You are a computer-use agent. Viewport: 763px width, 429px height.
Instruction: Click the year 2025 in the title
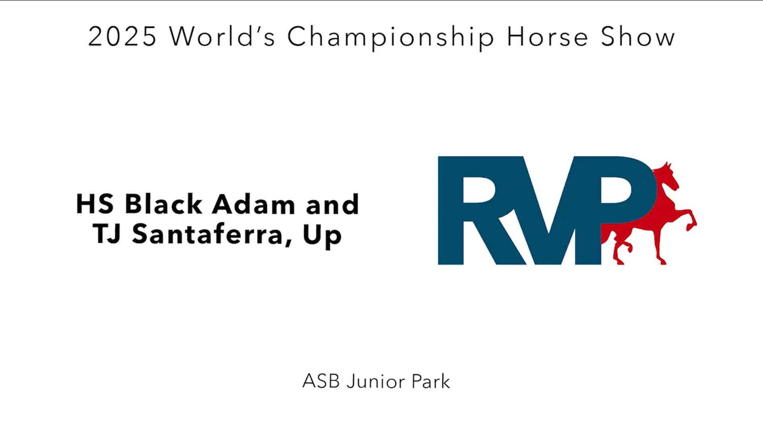[x=122, y=37]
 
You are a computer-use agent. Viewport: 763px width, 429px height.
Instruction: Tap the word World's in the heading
[x=222, y=37]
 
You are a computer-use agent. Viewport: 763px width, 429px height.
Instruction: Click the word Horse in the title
[x=547, y=37]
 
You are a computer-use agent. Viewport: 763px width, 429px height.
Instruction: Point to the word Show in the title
[x=637, y=37]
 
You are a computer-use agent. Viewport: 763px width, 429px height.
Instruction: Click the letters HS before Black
[x=95, y=204]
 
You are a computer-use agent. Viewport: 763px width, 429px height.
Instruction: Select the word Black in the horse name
[x=163, y=204]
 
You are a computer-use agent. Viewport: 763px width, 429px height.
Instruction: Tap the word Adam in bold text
[x=254, y=204]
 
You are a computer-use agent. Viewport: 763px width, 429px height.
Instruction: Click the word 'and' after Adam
[x=332, y=204]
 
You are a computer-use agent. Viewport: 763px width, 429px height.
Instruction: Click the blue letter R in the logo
[x=473, y=211]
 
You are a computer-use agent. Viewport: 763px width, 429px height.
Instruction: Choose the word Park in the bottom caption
[x=431, y=381]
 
